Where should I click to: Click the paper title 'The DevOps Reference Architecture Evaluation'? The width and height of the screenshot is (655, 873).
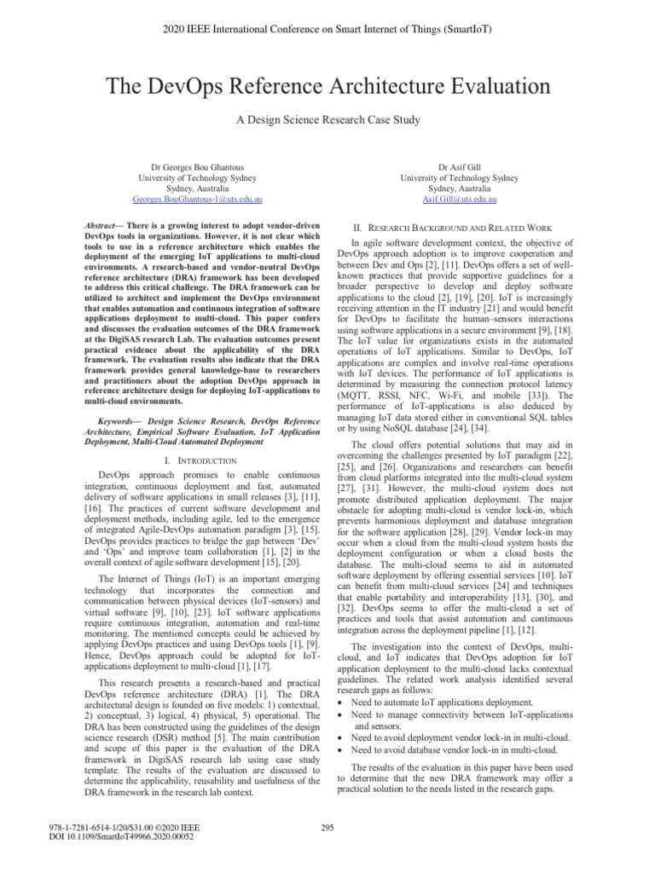click(327, 86)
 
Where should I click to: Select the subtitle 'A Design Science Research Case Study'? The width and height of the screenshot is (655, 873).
click(327, 120)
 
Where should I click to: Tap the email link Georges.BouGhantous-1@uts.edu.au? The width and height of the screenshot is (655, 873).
click(197, 199)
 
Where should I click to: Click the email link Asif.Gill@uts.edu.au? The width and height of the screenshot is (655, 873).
click(459, 199)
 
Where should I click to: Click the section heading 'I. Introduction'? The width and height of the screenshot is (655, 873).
click(199, 460)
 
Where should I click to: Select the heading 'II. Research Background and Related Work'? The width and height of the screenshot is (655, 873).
click(459, 228)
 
